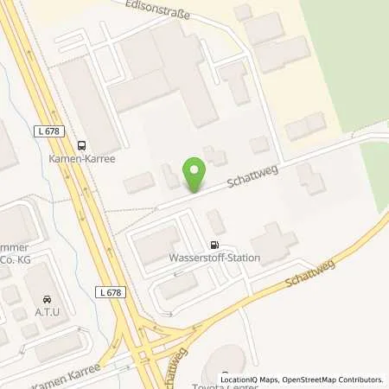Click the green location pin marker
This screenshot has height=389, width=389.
pos(195,175)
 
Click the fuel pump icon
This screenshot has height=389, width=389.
pos(214,245)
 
